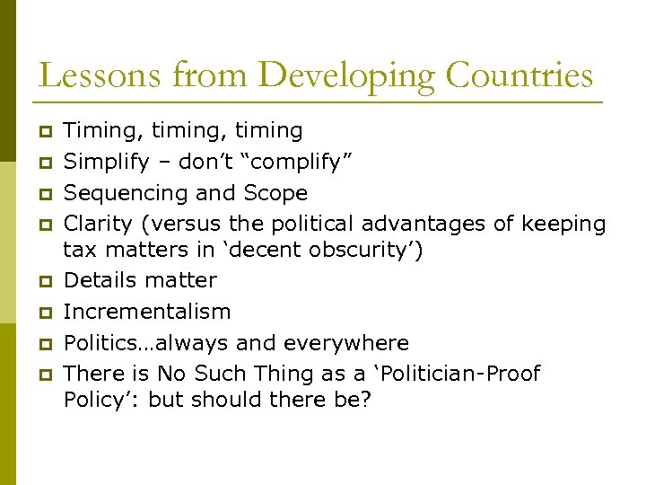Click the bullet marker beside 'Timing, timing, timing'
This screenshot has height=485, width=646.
[x=46, y=132]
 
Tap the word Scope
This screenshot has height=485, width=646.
[x=276, y=193]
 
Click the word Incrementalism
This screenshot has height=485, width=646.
[x=147, y=312]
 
